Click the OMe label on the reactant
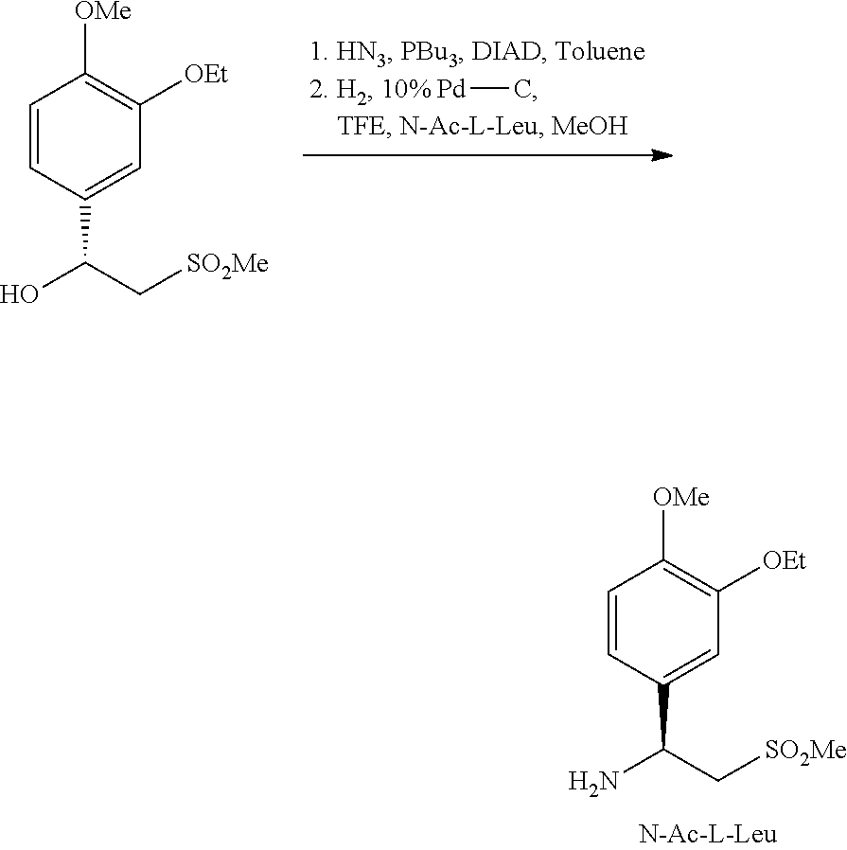103,10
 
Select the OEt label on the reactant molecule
206,74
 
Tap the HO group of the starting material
19,295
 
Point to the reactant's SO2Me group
227,265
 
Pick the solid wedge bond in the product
663,717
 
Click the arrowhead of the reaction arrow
662,155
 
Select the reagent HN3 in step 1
361,53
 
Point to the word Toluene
600,51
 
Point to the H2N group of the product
593,782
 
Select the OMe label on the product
681,497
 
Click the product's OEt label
785,560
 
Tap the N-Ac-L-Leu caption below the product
708,834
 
